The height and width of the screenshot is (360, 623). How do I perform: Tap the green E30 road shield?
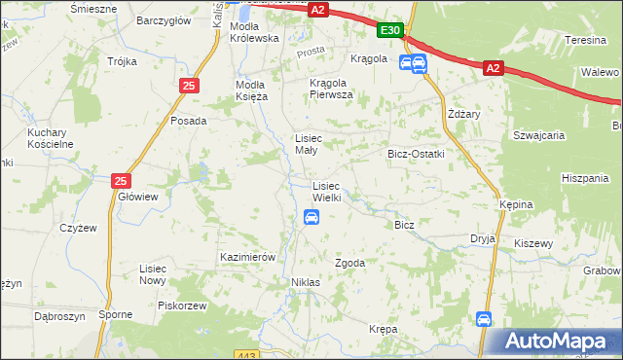tap(390, 31)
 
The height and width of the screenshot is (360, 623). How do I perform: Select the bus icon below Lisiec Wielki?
tap(311, 217)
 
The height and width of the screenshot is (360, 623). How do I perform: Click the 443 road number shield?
tap(275, 355)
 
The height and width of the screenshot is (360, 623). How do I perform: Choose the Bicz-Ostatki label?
tap(416, 154)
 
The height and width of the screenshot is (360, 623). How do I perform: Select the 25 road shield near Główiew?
tap(121, 180)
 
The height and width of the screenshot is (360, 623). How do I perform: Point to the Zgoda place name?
tap(349, 263)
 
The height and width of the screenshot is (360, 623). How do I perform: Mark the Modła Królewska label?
tap(254, 31)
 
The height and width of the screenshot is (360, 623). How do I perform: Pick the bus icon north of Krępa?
tap(484, 318)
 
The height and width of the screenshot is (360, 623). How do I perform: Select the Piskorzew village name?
tap(186, 305)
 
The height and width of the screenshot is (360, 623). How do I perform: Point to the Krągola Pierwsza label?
tap(331, 89)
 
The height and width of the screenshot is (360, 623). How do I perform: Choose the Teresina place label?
tap(586, 40)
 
